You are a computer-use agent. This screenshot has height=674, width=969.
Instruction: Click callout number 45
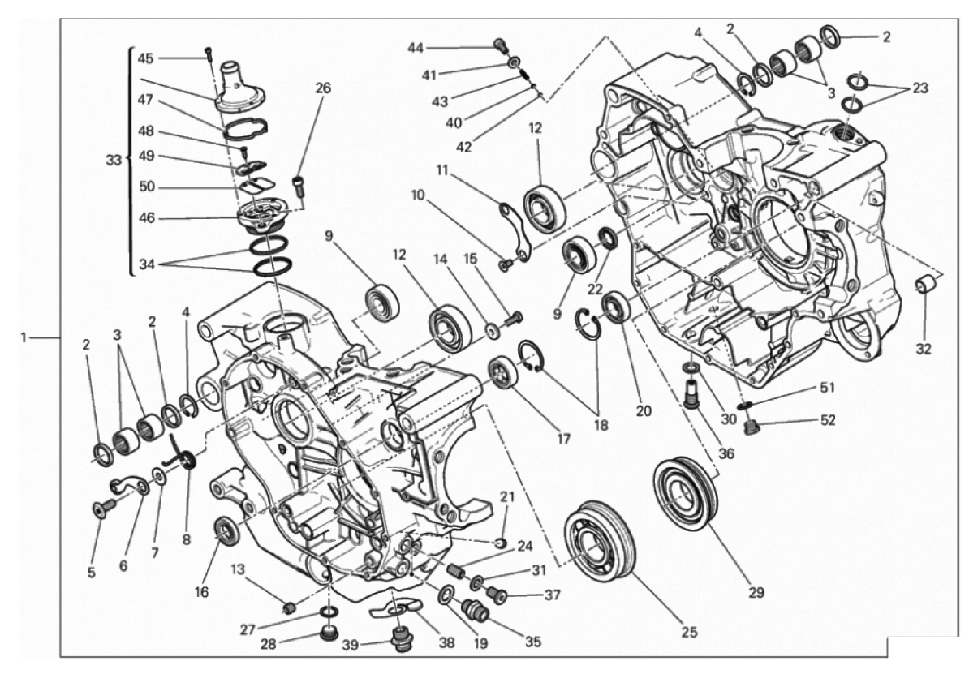pyautogui.click(x=145, y=58)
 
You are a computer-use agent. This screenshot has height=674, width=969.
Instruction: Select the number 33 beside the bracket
pyautogui.click(x=114, y=160)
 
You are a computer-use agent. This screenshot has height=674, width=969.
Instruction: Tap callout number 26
pyautogui.click(x=323, y=88)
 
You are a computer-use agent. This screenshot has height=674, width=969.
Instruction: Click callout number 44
pyautogui.click(x=416, y=48)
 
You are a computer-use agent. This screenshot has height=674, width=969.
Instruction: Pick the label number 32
pyautogui.click(x=924, y=349)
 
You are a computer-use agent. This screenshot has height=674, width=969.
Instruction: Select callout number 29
pyautogui.click(x=756, y=592)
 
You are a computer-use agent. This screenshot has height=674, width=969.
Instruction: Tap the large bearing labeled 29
pyautogui.click(x=685, y=492)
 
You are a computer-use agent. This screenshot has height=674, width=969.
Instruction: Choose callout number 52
pyautogui.click(x=828, y=420)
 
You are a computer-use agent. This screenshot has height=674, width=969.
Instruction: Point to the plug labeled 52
pyautogui.click(x=752, y=427)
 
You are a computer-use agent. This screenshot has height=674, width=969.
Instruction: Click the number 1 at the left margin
pyautogui.click(x=24, y=337)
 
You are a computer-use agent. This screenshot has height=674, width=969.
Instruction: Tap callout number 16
pyautogui.click(x=202, y=592)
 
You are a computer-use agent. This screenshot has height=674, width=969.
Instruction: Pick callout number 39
pyautogui.click(x=351, y=645)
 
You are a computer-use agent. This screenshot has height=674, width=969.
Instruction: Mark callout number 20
pyautogui.click(x=644, y=411)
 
